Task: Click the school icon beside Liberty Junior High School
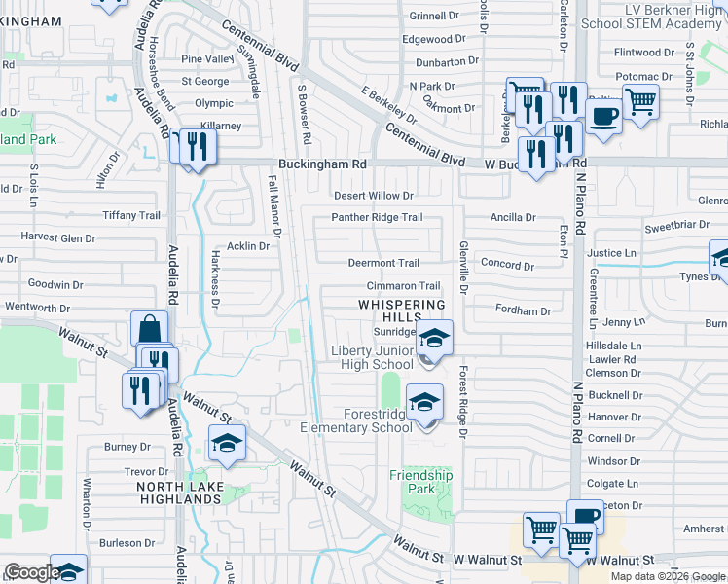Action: [x=434, y=339]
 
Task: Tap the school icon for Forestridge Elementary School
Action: [x=424, y=402]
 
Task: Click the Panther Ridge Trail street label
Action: [x=377, y=217]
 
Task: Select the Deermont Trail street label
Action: [x=383, y=263]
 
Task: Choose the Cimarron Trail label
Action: [x=403, y=286]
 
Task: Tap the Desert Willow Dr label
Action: [x=375, y=196]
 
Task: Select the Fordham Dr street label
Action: [x=523, y=311]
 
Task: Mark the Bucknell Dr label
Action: [x=614, y=395]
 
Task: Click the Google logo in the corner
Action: [x=31, y=572]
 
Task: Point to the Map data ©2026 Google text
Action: [x=667, y=576]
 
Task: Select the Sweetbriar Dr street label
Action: [x=677, y=225]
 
